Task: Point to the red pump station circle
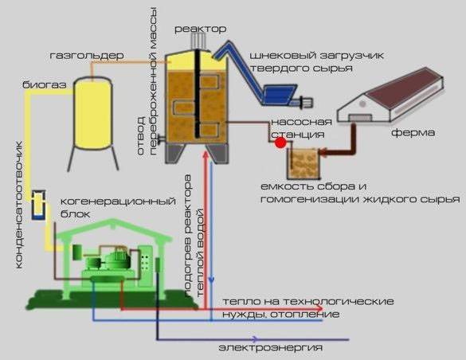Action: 280,143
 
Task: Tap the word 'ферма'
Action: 412,133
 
